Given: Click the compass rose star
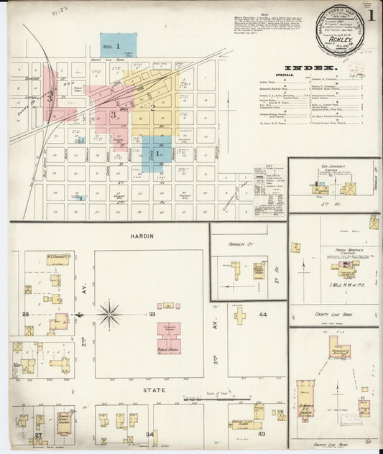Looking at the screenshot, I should [x=109, y=314].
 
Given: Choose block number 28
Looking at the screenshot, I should [x=25, y=315].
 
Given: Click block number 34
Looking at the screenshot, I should [x=150, y=435].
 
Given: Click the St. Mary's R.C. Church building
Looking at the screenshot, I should [x=307, y=407].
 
